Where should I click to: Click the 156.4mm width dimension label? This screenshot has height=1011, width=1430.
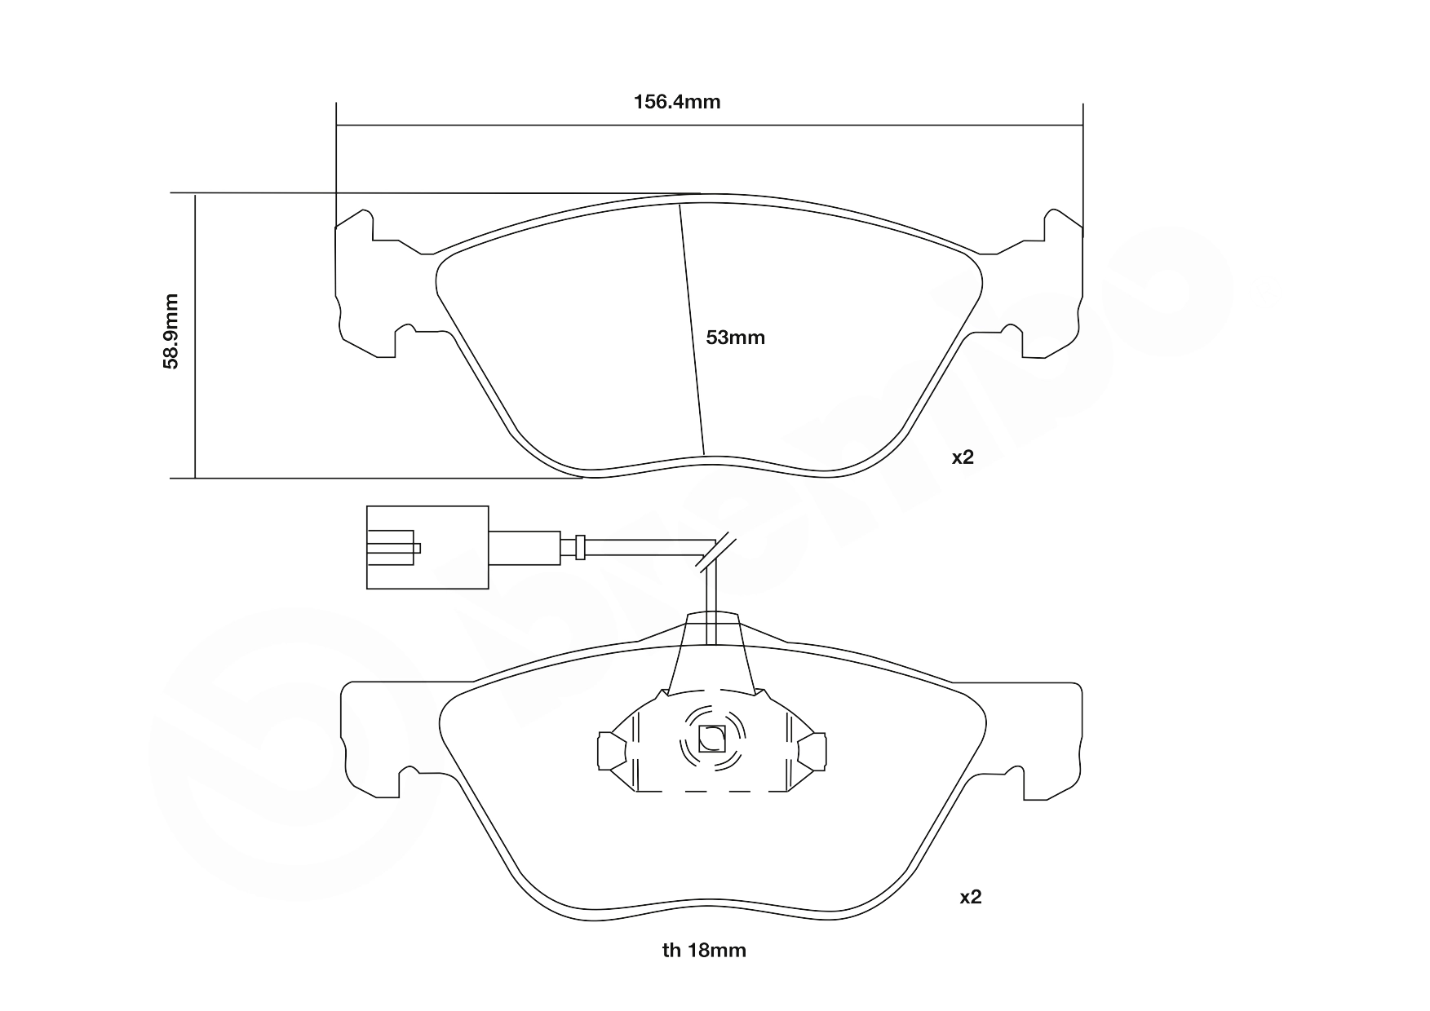(677, 102)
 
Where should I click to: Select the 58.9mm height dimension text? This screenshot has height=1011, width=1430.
(170, 332)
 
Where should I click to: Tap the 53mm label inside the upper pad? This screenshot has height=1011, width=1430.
(735, 338)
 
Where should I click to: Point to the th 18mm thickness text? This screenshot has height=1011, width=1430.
(704, 950)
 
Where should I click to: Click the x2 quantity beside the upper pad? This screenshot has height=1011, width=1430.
(963, 457)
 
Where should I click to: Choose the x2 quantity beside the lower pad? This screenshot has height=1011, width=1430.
(970, 898)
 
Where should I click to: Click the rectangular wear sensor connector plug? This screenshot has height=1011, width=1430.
(427, 547)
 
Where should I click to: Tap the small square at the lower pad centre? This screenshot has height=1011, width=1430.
(712, 739)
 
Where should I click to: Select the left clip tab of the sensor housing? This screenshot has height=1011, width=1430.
(610, 750)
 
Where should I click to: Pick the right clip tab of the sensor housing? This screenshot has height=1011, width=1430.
(812, 750)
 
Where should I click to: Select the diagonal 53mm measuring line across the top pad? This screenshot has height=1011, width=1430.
(692, 330)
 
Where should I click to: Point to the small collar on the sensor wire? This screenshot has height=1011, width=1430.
(580, 546)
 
